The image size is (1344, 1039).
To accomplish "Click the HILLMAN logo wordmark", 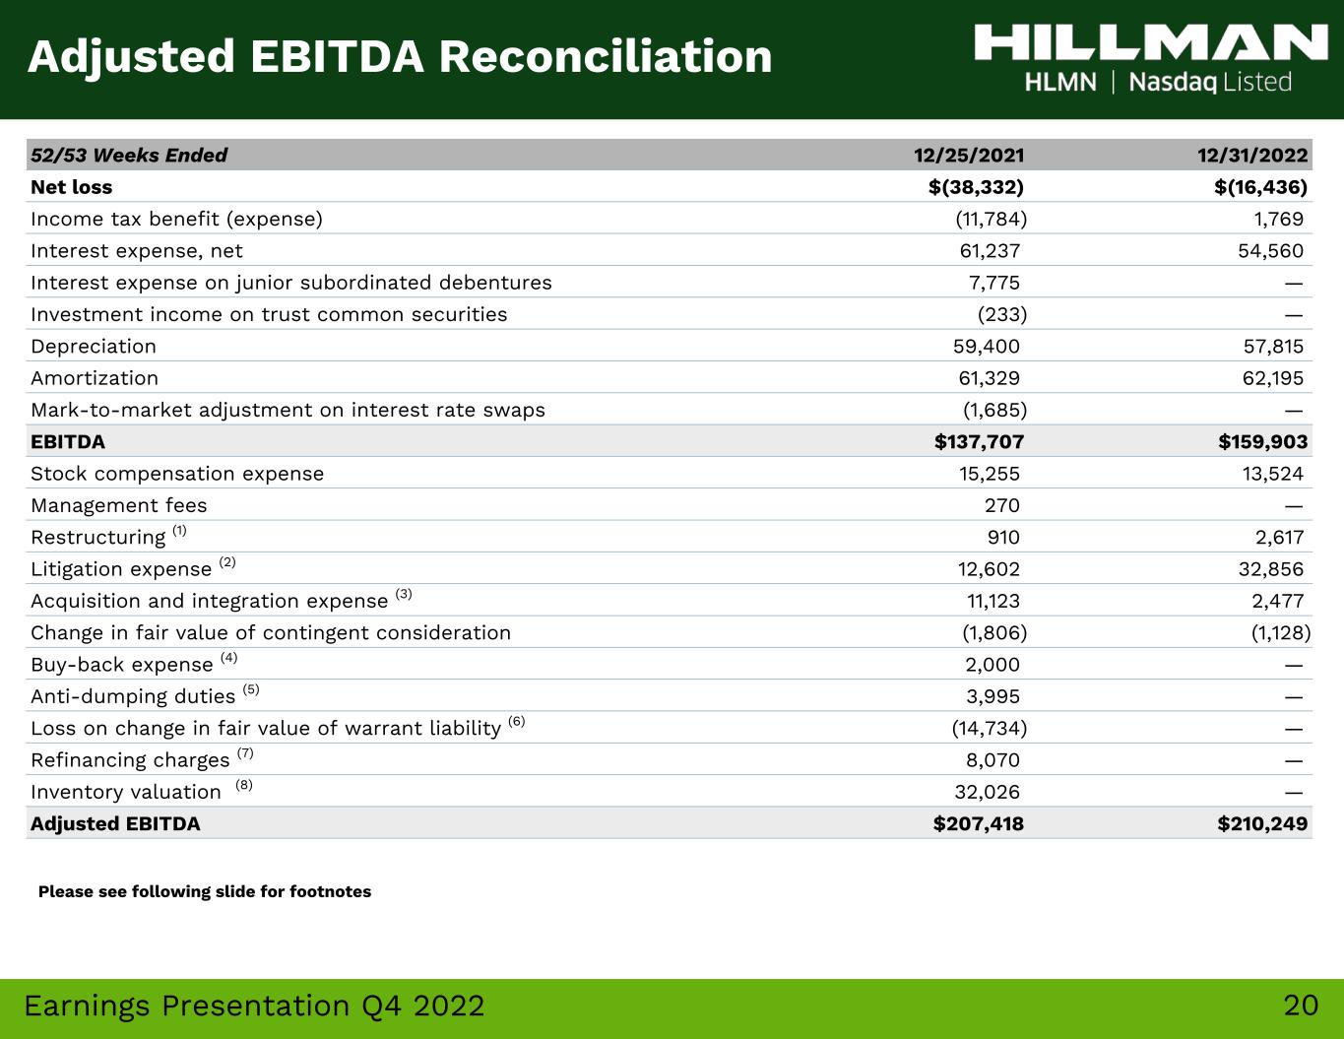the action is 1150,42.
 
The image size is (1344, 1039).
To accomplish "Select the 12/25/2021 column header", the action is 969,155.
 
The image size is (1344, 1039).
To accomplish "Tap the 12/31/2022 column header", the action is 1252,155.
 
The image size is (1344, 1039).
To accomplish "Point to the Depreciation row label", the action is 94,347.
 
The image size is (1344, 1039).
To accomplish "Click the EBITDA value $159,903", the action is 1263,441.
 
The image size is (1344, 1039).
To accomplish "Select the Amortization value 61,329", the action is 989,378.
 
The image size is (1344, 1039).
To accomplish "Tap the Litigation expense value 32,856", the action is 1271,569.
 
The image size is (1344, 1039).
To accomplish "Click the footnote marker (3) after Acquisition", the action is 404,594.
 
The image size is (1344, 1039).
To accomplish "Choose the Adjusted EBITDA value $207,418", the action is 979,823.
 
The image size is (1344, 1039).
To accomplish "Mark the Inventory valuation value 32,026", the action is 988,792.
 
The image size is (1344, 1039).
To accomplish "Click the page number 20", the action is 1301,1006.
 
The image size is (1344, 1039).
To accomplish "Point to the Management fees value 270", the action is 1002,505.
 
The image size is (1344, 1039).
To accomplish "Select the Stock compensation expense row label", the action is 177,474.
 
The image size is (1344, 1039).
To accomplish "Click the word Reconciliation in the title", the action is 606,56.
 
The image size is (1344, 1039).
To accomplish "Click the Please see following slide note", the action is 205,891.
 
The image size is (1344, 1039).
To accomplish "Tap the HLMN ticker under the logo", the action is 1060,83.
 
